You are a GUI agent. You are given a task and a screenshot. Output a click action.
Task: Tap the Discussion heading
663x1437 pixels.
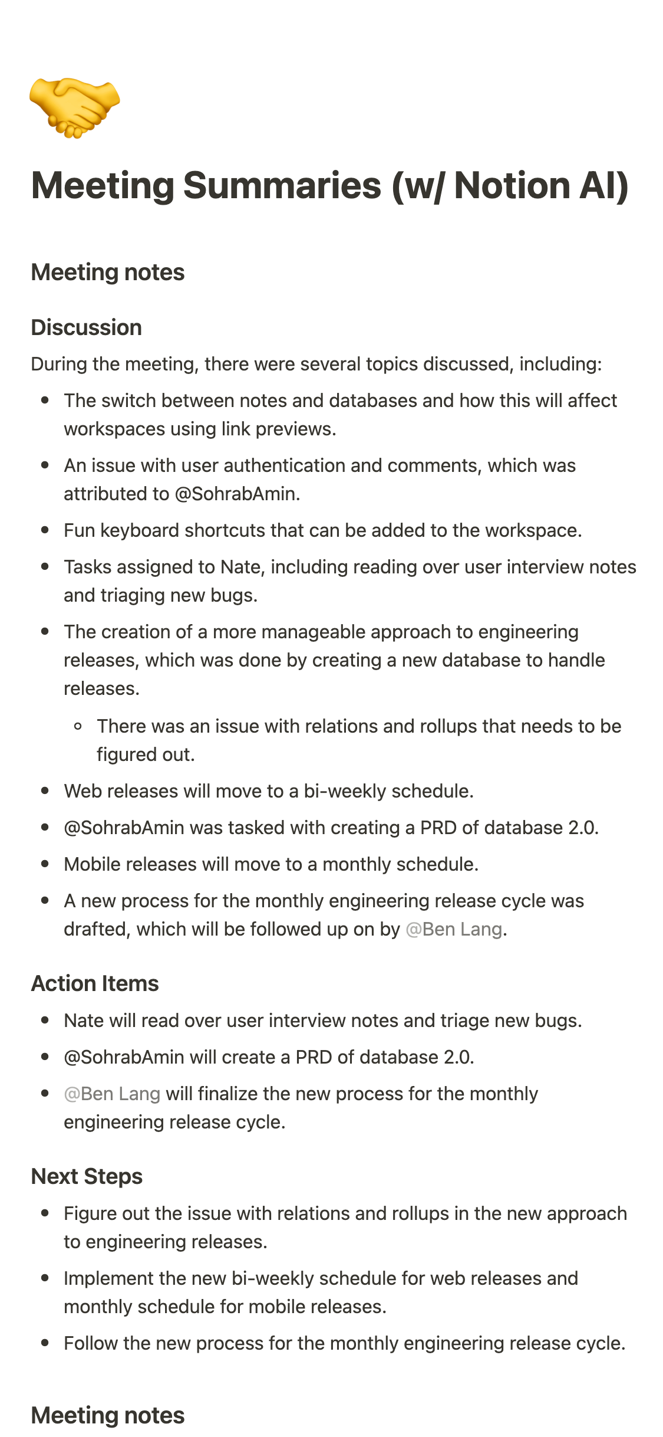(x=86, y=327)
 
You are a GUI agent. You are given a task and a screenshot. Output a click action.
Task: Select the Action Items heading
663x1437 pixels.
(x=95, y=983)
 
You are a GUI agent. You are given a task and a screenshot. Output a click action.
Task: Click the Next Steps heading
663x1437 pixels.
(x=87, y=1176)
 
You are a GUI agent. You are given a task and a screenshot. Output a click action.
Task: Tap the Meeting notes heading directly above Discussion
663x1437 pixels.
(x=108, y=273)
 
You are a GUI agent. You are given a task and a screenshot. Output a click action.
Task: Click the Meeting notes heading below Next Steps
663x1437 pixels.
(x=108, y=1415)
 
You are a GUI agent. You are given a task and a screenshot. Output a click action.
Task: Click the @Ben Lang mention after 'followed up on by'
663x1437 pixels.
(x=454, y=929)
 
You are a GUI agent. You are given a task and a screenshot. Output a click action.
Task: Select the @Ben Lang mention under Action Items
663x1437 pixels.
(x=112, y=1094)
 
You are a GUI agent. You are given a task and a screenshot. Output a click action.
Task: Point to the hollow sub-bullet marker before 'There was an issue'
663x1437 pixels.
(x=78, y=726)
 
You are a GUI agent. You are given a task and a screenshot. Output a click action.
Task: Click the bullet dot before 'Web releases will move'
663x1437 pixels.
(x=45, y=791)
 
